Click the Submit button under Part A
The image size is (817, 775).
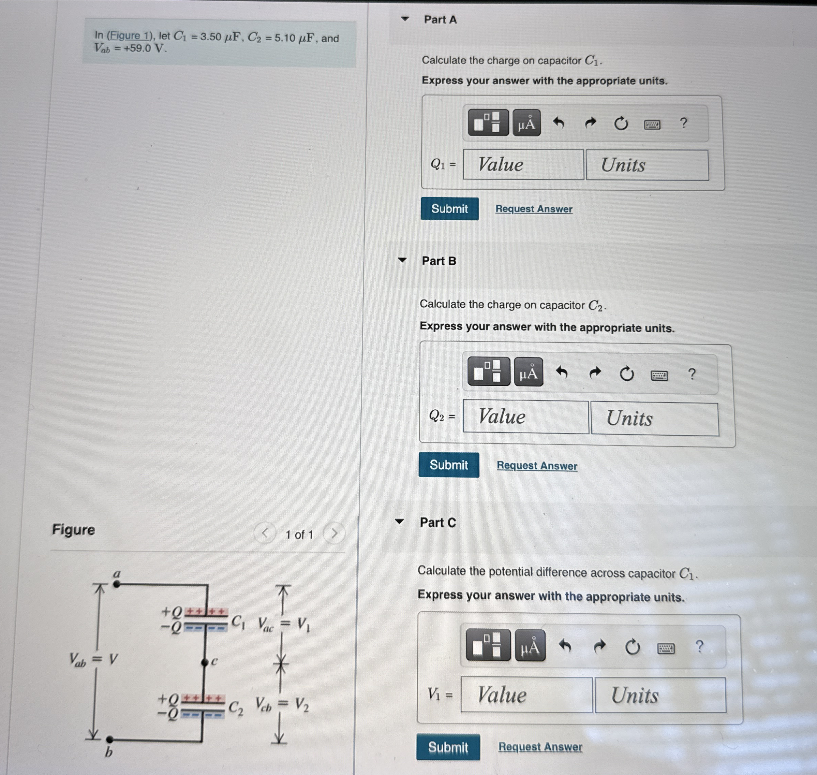449,209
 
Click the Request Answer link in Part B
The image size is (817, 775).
537,466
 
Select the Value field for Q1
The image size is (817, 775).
523,164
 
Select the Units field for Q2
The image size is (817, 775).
654,419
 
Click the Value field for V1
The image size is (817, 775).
526,694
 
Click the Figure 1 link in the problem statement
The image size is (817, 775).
129,35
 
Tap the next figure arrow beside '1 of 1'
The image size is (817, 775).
334,533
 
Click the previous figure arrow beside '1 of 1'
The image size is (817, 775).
265,533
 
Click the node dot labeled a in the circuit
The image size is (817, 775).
117,584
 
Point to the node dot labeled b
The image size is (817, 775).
110,739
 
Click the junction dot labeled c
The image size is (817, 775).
205,662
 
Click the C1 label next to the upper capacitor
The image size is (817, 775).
238,622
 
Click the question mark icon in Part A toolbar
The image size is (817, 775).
684,123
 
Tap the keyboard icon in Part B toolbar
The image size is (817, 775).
659,375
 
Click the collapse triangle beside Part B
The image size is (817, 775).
402,260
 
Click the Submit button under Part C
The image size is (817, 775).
448,747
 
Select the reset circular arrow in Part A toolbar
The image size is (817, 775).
620,123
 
